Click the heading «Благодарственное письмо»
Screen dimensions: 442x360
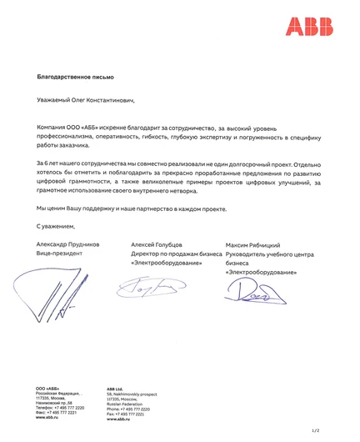[x=71, y=77]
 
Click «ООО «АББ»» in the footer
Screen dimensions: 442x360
[x=47, y=389]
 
